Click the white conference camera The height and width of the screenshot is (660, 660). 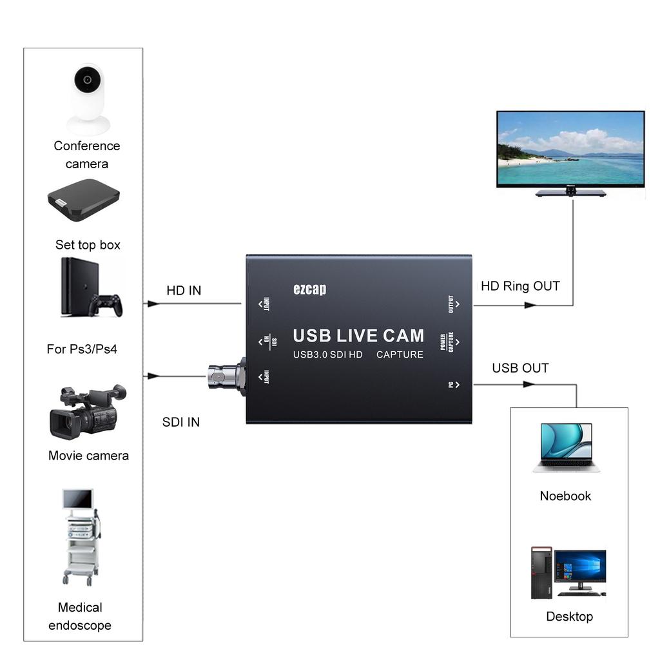88,98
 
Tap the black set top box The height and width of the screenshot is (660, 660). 84,200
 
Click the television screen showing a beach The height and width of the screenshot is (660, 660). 570,149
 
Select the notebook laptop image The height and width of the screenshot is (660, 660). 566,447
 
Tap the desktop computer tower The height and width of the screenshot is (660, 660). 541,572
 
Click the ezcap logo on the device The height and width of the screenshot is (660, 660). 309,289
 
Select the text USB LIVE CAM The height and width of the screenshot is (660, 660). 358,336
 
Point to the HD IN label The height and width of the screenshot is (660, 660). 184,291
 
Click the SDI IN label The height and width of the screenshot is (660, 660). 180,422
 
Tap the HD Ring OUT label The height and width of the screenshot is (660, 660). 520,286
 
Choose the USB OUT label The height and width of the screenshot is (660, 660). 520,368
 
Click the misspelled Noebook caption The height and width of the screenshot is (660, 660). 565,496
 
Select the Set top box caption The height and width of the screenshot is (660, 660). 88,245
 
